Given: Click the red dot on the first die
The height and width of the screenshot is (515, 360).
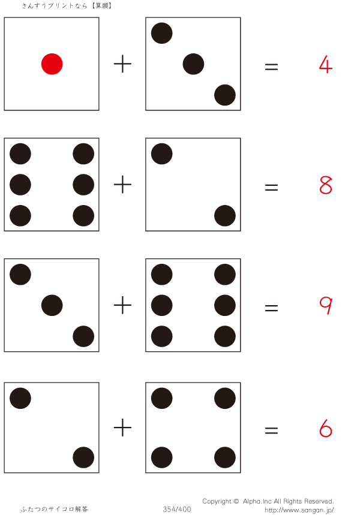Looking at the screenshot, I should click(x=52, y=64).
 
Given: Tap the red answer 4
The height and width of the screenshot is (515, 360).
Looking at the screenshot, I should click(x=325, y=64).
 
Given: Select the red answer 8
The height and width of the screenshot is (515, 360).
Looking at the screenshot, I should click(x=325, y=185).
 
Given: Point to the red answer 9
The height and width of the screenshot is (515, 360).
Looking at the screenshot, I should click(x=325, y=306).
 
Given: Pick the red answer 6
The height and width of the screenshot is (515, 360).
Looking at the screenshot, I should click(x=325, y=428).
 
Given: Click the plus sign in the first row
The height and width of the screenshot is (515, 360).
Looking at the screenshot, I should click(x=122, y=64).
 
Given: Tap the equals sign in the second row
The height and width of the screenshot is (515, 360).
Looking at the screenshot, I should click(x=271, y=187).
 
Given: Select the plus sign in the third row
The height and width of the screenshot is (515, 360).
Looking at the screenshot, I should click(x=122, y=306).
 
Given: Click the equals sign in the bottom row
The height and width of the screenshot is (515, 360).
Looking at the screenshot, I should click(x=271, y=430).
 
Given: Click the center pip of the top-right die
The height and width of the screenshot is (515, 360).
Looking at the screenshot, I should click(x=193, y=64).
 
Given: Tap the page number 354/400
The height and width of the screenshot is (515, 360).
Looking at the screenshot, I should click(x=177, y=509).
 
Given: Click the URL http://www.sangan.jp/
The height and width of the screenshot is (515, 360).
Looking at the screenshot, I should click(x=299, y=510).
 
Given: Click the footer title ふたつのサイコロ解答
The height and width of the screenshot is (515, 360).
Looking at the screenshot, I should click(x=55, y=509).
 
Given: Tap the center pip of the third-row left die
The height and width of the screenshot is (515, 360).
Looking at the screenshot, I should click(x=52, y=306).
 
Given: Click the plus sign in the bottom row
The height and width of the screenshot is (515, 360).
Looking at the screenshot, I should click(x=122, y=428).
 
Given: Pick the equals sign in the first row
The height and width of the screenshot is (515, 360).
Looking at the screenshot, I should click(x=271, y=67).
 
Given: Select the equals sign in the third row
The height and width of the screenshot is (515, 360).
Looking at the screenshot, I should click(x=271, y=308).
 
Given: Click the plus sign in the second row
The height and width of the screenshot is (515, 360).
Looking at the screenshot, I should click(x=122, y=185).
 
